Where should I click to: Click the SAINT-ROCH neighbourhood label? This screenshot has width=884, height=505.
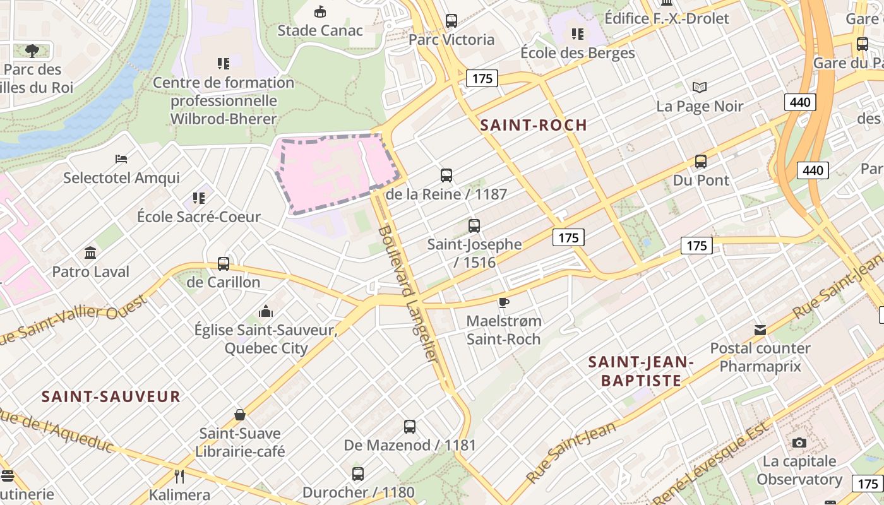pos(534,125)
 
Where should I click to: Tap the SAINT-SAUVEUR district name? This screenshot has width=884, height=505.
pos(111,396)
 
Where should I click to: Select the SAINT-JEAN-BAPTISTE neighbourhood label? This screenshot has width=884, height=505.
pos(641,371)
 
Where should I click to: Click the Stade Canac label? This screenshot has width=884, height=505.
pos(320,30)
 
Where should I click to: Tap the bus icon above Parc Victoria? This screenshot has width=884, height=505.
pos(451,20)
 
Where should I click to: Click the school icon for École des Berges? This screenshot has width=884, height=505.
pos(577,33)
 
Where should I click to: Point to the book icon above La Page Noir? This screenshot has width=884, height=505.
pos(700,87)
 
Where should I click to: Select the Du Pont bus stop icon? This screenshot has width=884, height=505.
pos(701,161)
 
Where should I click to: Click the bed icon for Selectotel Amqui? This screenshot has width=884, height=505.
pos(121,158)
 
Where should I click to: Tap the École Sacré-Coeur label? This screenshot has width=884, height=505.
pos(199,217)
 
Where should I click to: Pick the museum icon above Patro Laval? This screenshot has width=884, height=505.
pos(90,252)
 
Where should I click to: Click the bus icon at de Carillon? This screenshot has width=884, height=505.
pos(223,263)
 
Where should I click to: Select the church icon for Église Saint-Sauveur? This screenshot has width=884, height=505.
pos(266,311)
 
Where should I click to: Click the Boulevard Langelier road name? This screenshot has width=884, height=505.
pos(408,294)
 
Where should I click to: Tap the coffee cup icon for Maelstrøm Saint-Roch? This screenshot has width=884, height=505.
pos(503,302)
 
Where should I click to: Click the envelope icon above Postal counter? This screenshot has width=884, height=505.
pos(760,330)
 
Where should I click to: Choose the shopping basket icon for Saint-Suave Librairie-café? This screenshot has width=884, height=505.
pos(239,415)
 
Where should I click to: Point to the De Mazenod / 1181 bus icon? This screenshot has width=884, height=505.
pos(409,426)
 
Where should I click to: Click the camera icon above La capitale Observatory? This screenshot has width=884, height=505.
pos(799,443)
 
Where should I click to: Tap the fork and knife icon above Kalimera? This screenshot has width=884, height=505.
pos(179,475)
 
